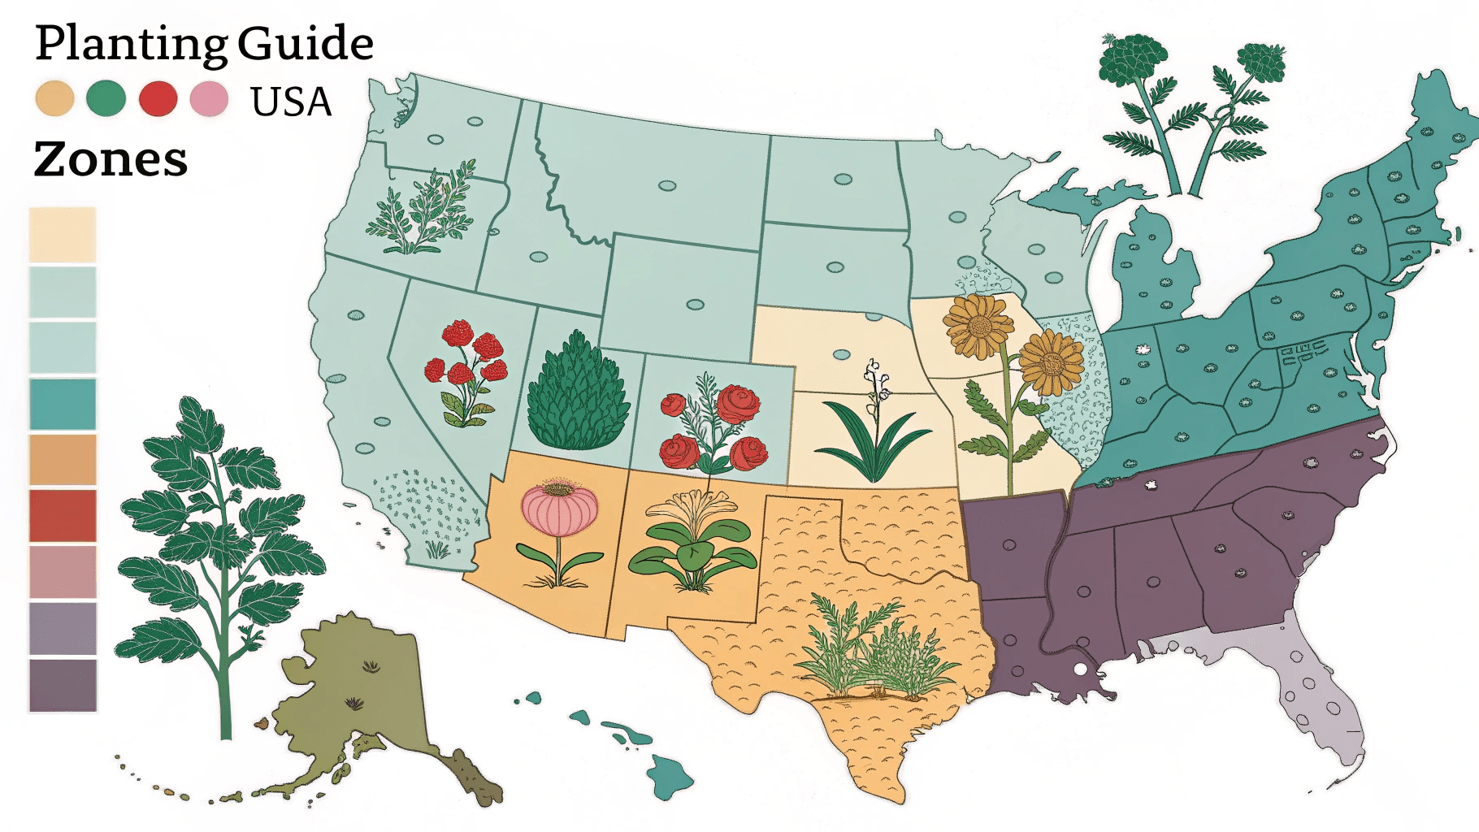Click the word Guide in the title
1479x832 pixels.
[x=306, y=44]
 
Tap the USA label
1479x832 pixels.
[x=291, y=102]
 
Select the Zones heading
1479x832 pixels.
[x=111, y=159]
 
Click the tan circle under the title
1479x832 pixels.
[x=55, y=99]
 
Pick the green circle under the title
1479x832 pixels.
[x=106, y=99]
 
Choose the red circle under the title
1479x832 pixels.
[x=158, y=99]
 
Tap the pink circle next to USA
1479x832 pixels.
[x=209, y=99]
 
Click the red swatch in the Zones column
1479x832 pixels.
[x=63, y=516]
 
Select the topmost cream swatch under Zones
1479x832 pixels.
[x=63, y=235]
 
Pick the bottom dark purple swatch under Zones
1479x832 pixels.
[x=63, y=685]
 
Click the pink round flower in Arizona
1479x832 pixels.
[x=559, y=509]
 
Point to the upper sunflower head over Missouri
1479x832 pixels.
[x=979, y=326]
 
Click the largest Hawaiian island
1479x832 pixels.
[x=671, y=774]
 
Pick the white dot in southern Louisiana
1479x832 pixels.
[x=1080, y=669]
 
